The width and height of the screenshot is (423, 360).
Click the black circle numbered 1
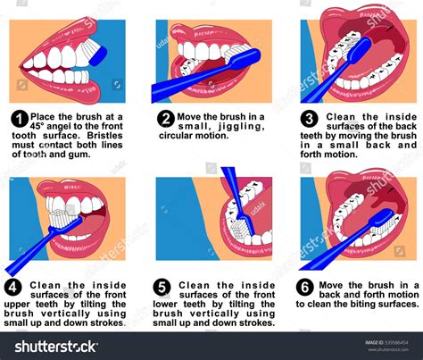(x=19, y=119)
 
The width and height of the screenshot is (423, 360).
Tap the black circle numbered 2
(x=165, y=119)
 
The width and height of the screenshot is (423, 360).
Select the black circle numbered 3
(x=310, y=119)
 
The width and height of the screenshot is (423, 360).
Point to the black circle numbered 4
(x=13, y=288)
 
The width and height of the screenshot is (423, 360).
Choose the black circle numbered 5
(x=162, y=288)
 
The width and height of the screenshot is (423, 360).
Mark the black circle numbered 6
(x=305, y=288)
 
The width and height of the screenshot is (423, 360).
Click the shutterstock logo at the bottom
(x=62, y=346)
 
